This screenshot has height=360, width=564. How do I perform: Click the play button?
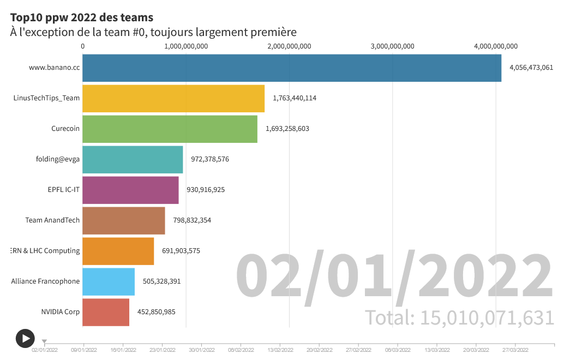25,338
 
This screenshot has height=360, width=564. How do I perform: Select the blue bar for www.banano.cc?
292,68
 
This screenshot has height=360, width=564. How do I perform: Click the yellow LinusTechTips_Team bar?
173,99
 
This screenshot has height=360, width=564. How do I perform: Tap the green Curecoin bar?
170,129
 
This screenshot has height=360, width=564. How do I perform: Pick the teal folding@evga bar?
133,160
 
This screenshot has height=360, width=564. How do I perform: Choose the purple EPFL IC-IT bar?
130,190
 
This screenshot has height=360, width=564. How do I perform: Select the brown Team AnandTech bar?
124,221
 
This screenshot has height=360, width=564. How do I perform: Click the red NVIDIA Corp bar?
106,313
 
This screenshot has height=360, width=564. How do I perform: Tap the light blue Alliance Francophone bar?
109,282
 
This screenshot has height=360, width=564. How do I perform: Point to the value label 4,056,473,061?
531,68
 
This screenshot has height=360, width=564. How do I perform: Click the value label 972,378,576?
210,159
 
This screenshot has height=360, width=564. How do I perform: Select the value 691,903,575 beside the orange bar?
181,251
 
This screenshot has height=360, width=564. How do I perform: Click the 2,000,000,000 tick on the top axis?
289,46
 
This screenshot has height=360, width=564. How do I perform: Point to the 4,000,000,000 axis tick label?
495,46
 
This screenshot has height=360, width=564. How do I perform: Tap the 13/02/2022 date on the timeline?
280,350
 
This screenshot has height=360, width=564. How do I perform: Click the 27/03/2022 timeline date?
515,350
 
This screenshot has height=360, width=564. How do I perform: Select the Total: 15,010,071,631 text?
459,317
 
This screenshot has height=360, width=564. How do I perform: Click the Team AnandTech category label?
52,220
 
